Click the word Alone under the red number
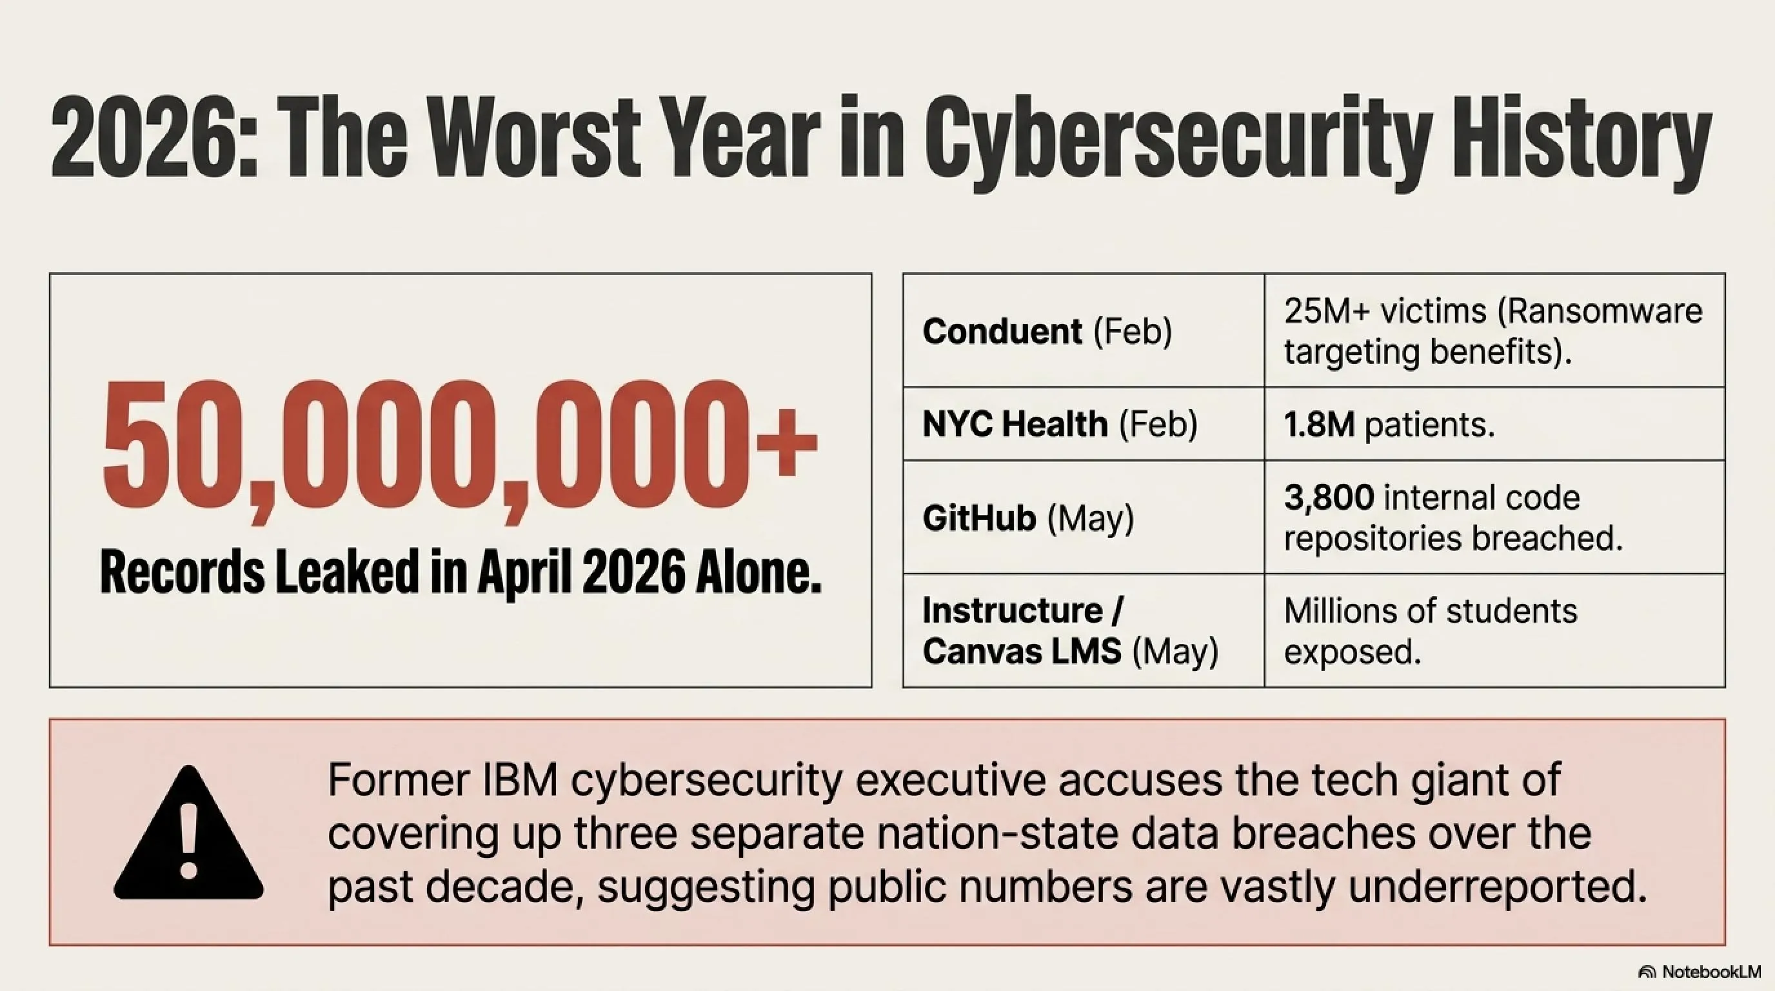[x=758, y=570]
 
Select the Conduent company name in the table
[x=1002, y=332]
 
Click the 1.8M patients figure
[x=1389, y=425]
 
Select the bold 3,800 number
[x=1329, y=497]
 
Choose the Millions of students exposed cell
[x=1431, y=631]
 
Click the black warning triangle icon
[x=188, y=833]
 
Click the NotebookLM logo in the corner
[x=1699, y=972]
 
